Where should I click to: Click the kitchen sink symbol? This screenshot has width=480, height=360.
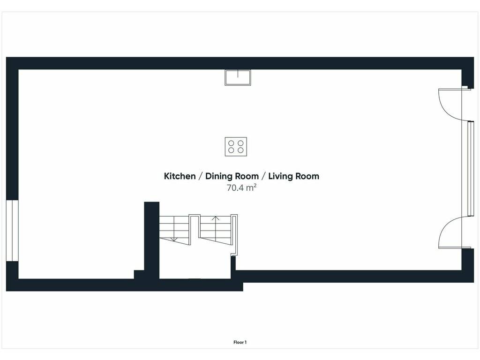[238, 77]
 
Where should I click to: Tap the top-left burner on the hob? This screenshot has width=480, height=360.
[232, 143]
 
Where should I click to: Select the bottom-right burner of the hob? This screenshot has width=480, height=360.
[240, 150]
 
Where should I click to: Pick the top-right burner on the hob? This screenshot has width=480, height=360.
[240, 143]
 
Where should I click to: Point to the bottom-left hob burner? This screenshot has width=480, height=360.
[232, 150]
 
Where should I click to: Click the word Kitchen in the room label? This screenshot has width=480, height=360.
[180, 176]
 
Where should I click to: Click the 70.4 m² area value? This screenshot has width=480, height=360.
[241, 187]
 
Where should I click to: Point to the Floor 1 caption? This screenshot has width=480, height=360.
[240, 342]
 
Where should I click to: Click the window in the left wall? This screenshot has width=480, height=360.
[12, 231]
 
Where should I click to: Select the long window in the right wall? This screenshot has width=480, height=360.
[471, 169]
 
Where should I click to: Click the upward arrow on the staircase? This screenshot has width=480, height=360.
[216, 226]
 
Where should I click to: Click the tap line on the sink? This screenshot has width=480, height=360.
[238, 74]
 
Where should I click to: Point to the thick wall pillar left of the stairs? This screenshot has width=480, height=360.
[151, 240]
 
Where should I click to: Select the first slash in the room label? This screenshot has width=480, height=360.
[200, 176]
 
